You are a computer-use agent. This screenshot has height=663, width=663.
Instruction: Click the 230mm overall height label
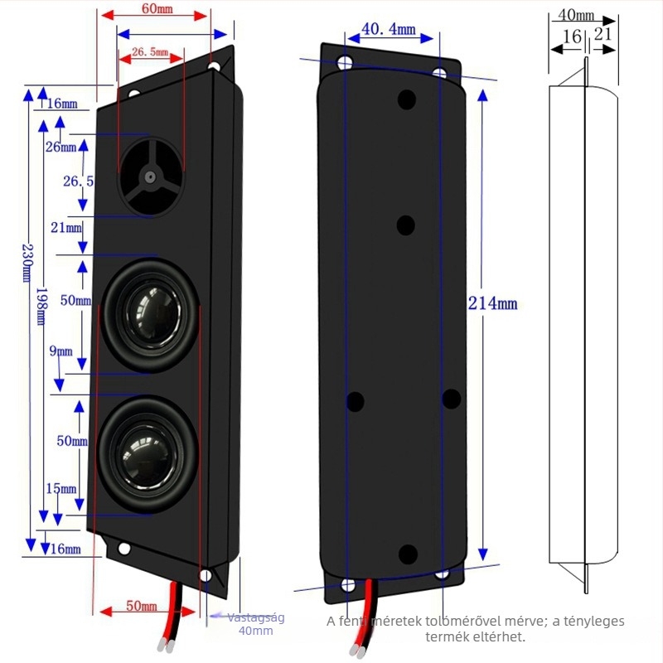(x=27, y=262)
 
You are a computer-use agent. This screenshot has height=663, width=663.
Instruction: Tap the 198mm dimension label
(x=41, y=307)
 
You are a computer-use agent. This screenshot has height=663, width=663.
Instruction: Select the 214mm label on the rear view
(x=492, y=303)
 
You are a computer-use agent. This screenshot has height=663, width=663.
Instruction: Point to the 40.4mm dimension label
(x=389, y=29)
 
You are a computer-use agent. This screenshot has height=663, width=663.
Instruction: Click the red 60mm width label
(x=157, y=8)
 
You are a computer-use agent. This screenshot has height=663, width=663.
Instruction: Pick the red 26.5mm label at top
(x=150, y=52)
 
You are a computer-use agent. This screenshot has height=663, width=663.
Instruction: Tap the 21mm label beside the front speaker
(x=66, y=227)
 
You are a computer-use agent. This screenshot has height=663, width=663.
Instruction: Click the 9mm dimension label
(x=60, y=351)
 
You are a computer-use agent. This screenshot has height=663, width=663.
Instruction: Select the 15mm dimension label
(x=61, y=488)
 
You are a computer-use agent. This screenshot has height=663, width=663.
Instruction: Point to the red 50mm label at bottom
(x=142, y=606)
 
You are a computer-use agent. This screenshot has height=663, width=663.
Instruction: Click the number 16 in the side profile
(x=572, y=36)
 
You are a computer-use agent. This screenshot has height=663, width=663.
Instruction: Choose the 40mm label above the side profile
(x=576, y=15)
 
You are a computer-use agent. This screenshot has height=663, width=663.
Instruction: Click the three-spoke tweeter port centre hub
(x=150, y=177)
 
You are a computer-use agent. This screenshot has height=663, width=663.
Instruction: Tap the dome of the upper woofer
(x=153, y=314)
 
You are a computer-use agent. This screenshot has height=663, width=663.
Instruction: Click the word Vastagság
(x=256, y=617)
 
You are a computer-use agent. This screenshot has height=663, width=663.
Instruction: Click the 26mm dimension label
(x=60, y=147)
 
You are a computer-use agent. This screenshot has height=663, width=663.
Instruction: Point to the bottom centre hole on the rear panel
(x=408, y=554)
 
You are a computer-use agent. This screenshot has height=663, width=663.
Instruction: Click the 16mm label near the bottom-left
(x=65, y=549)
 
